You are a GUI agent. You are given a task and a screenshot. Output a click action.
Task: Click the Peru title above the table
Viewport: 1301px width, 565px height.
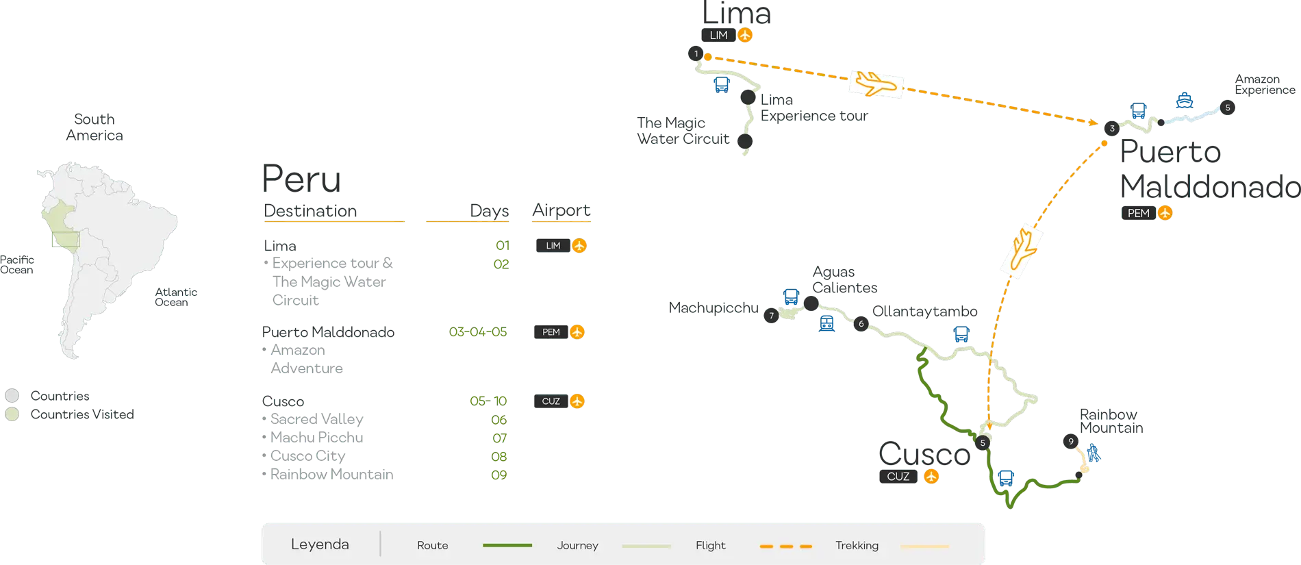301,179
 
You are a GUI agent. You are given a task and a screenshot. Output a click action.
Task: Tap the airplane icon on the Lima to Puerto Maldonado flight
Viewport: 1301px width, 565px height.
876,84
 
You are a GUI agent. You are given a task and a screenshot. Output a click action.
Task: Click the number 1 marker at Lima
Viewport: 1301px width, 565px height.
696,53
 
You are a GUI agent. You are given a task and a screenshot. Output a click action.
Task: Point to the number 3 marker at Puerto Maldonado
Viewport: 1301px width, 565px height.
1111,128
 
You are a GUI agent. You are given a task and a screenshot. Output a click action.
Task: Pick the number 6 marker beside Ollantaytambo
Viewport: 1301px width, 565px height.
861,324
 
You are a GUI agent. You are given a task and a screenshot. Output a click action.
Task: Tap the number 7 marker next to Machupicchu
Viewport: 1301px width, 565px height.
771,316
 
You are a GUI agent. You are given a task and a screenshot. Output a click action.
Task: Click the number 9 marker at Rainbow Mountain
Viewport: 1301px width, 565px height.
1070,442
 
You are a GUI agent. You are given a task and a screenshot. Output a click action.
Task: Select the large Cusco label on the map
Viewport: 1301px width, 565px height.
924,453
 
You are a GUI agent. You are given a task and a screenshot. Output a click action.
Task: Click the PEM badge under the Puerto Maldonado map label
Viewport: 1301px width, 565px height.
1138,213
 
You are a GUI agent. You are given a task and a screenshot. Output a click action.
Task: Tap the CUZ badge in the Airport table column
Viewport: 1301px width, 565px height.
551,401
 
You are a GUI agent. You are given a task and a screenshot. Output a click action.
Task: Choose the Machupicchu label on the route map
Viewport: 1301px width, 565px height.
714,309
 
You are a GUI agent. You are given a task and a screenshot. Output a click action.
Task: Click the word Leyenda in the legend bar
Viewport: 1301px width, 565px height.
320,544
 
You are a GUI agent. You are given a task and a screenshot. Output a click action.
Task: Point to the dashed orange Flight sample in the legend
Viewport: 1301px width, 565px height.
786,546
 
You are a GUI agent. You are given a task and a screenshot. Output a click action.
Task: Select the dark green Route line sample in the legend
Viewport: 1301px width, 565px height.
507,545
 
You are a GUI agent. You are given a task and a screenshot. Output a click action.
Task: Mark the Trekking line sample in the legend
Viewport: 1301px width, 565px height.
925,546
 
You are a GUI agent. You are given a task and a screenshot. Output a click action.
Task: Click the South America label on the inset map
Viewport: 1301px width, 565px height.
94,127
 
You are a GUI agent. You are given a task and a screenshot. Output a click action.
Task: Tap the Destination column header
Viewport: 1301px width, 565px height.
311,211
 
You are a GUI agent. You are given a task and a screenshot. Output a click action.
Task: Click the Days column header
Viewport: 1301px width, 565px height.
490,211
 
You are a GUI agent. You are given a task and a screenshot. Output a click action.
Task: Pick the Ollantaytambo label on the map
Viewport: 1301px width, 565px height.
924,312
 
